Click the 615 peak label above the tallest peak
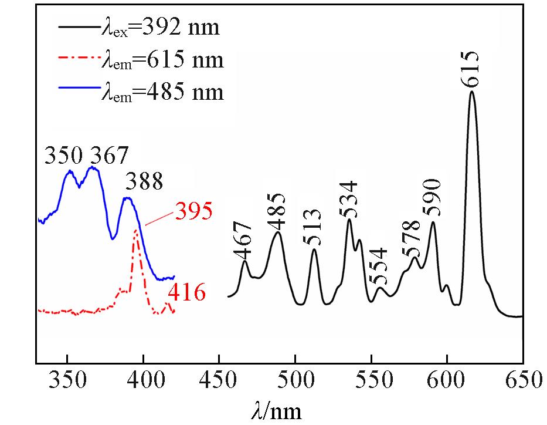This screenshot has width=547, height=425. click(x=471, y=69)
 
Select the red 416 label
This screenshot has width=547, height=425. click(x=187, y=292)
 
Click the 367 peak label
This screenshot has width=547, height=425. click(x=108, y=156)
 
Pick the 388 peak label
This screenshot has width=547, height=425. click(x=144, y=183)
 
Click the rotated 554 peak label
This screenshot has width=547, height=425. click(x=378, y=265)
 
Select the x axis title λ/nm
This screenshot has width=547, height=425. click(x=278, y=410)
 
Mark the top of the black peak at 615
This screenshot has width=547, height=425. click(x=471, y=92)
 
